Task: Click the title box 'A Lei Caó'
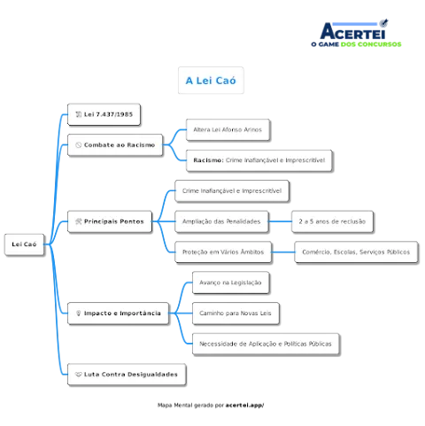click(211, 81)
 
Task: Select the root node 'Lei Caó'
click(24, 244)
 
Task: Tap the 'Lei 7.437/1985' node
click(104, 114)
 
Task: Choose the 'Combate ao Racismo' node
click(115, 145)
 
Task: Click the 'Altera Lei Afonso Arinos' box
click(228, 130)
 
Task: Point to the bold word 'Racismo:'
click(208, 160)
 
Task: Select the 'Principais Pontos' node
click(110, 221)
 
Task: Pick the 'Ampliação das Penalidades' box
click(221, 221)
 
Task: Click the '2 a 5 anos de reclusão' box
click(332, 221)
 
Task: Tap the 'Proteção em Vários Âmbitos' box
click(223, 252)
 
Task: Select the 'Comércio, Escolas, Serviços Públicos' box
click(356, 252)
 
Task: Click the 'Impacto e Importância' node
click(119, 314)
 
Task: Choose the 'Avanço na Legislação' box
click(231, 283)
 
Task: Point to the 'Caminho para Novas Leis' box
click(236, 314)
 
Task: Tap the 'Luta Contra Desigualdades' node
click(127, 375)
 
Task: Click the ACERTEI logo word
click(353, 31)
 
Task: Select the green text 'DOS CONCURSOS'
click(371, 44)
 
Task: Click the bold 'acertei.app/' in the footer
click(244, 406)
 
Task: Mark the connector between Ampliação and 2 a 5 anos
click(280, 221)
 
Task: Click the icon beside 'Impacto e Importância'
click(78, 314)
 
